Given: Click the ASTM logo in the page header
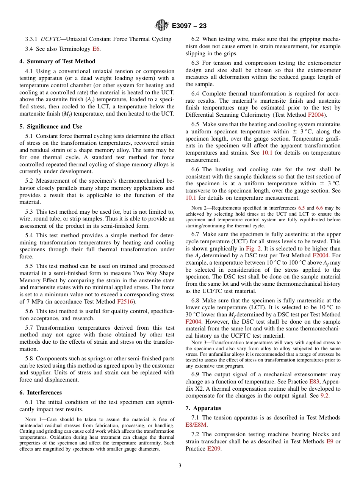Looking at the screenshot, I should click(x=162, y=26).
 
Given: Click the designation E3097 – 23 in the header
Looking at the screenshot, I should click(x=189, y=26).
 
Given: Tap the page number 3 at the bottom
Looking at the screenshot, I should click(x=180, y=465).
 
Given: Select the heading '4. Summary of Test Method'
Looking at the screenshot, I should click(x=57, y=61).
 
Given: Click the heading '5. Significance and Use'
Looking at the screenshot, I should click(x=51, y=127).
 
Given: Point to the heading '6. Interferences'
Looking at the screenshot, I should click(x=41, y=393).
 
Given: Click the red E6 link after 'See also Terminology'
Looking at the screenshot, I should click(x=96, y=49).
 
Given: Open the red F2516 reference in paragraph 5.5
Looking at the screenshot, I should click(x=125, y=302).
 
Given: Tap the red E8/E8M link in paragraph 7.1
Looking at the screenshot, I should click(x=196, y=425).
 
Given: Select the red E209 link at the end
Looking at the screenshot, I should click(x=214, y=449).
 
